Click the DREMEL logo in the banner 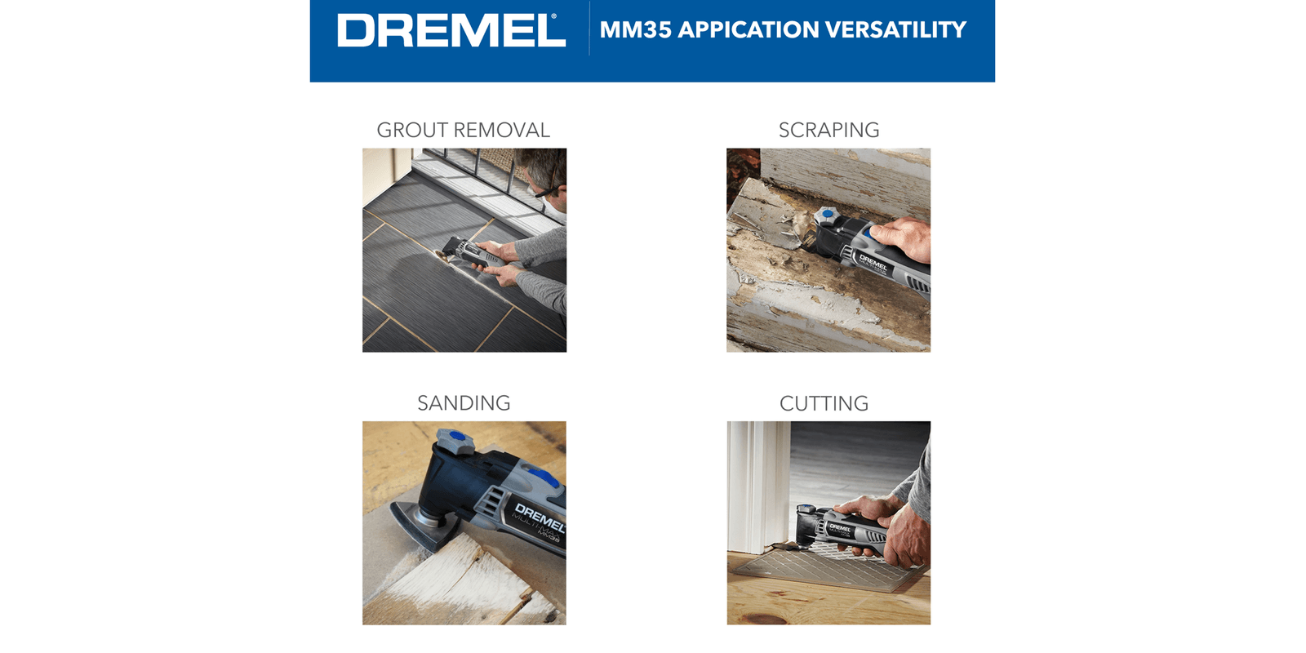coord(451,30)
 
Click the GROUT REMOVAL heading coord(464,130)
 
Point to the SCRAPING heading coord(829,130)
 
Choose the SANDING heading coord(464,403)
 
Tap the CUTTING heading coord(824,403)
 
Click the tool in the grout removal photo coord(466,253)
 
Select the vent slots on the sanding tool coord(493,503)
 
